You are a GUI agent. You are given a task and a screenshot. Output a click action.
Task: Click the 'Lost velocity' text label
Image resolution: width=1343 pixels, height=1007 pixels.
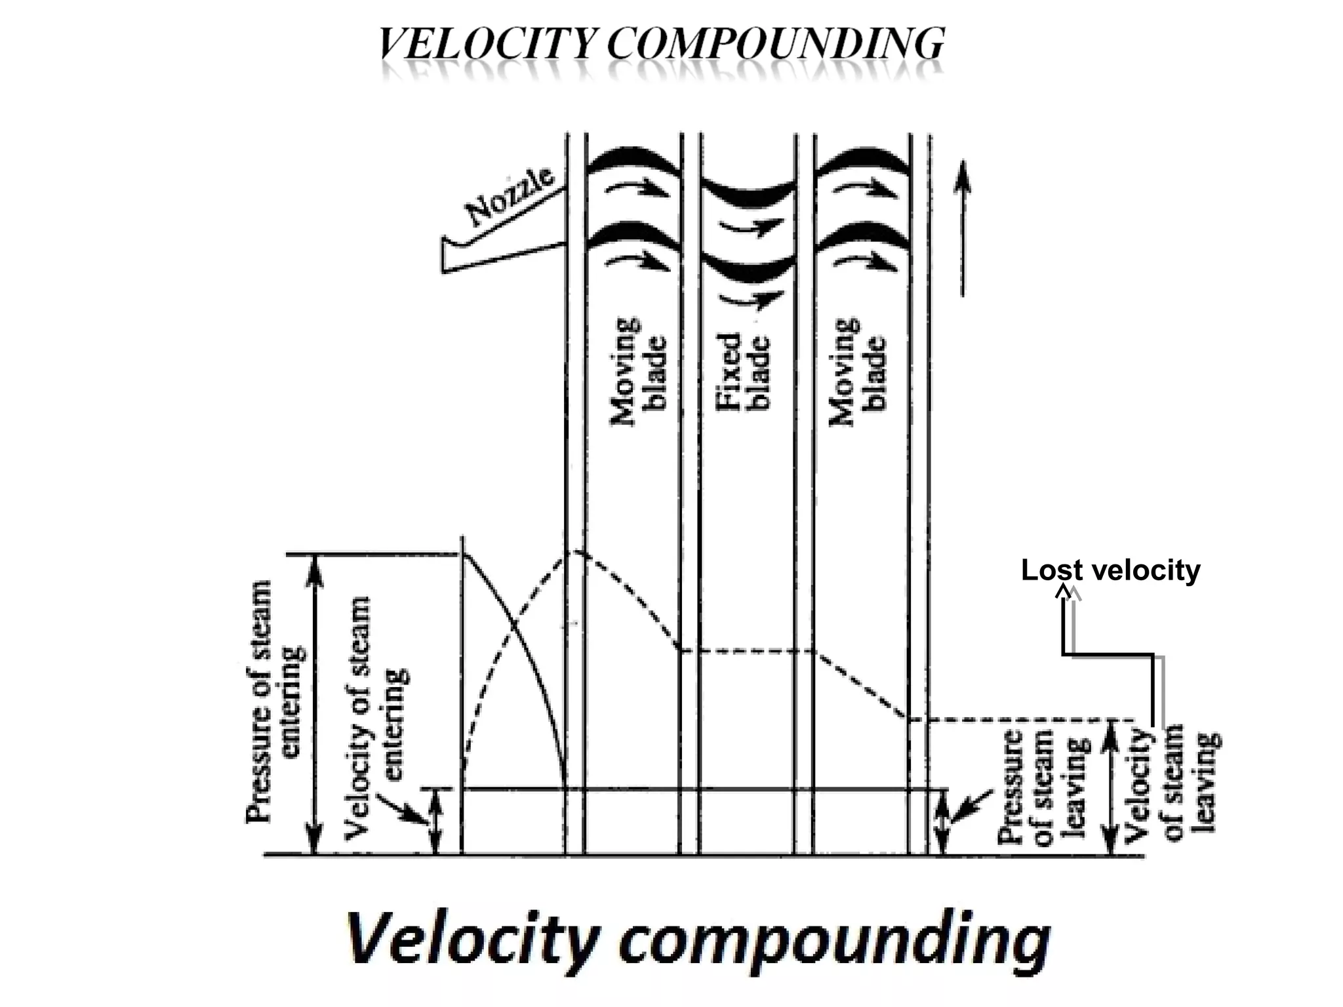click(1110, 570)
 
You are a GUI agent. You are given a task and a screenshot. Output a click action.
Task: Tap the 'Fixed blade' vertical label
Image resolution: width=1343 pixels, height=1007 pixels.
click(742, 371)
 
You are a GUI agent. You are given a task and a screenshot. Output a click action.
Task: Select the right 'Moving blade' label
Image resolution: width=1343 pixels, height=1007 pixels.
click(857, 371)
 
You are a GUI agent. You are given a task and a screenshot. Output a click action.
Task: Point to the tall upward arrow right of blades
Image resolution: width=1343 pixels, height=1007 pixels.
click(962, 229)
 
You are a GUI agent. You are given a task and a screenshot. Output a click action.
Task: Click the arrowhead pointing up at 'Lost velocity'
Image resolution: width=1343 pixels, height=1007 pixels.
click(1064, 591)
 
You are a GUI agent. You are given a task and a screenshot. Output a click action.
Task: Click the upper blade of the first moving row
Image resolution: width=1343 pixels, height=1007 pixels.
click(632, 163)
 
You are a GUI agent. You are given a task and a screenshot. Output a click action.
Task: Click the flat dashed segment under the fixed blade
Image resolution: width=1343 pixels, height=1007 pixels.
click(748, 651)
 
